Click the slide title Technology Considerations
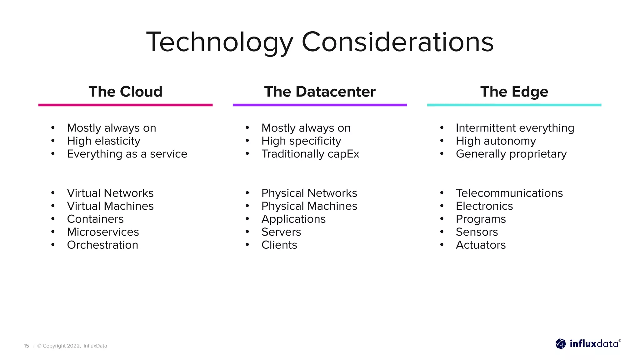pos(320,42)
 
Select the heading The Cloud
pos(125,92)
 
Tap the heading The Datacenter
pos(320,92)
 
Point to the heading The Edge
pos(514,92)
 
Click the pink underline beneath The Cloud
pos(125,105)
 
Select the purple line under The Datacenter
pos(320,105)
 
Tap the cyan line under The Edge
pos(514,105)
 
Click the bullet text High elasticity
pos(103,141)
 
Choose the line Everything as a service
pos(127,154)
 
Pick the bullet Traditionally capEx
pos(310,154)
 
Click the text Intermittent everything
pos(515,128)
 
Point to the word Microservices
pos(103,232)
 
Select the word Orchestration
pos(102,245)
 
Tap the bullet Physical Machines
pos(309,206)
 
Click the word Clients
pos(279,245)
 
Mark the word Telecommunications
pos(509,193)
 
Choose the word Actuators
pos(481,245)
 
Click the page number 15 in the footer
pos(27,346)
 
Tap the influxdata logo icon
pos(561,344)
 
